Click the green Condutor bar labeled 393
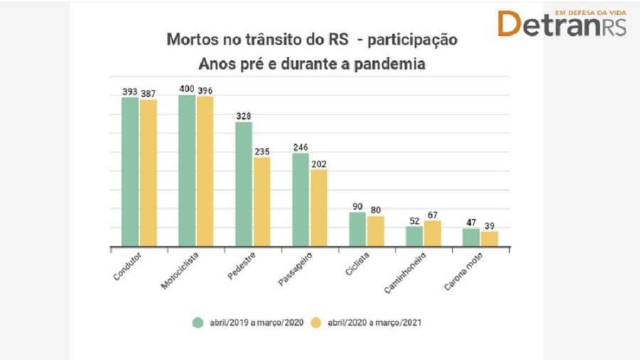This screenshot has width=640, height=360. pos(130,172)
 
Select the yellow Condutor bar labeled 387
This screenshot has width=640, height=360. pos(148,174)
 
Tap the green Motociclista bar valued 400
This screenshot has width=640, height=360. pos(187,171)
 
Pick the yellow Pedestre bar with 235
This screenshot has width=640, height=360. pos(262,202)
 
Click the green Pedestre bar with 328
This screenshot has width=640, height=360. pos(244,184)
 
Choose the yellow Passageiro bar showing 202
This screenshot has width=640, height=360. pos(319,208)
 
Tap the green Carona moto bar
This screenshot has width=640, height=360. pos(471,238)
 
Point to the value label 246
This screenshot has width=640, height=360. pos(301,147)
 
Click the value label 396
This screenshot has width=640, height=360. pos(205,90)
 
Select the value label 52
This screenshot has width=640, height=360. pos(414,221)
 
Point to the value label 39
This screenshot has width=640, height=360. pos(489,225)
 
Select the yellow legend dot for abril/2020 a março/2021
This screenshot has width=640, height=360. pos(317,322)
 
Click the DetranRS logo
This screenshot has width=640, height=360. pos(562,23)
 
